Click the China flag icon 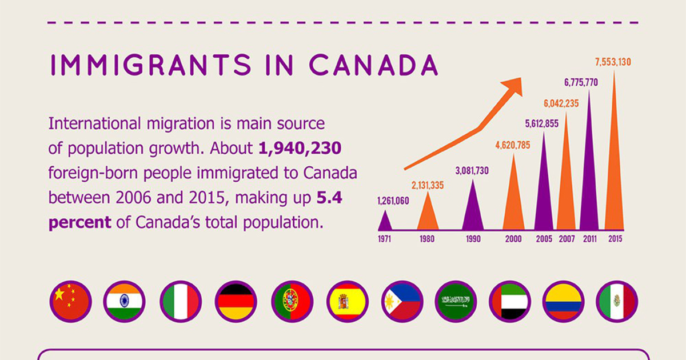click(70, 301)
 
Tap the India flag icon click(125, 301)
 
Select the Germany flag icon click(236, 301)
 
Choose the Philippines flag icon click(402, 301)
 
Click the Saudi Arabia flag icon click(456, 301)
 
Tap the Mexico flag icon click(617, 301)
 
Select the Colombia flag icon click(563, 301)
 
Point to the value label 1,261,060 click(393, 201)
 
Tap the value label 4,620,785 click(512, 145)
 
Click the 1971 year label click(384, 239)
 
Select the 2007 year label click(566, 239)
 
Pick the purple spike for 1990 click(473, 209)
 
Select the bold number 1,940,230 click(300, 148)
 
